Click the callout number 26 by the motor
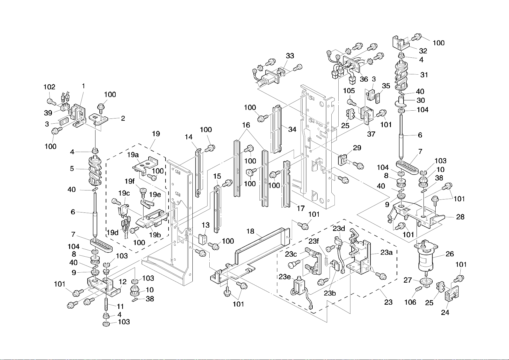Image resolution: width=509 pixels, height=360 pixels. click(450, 254)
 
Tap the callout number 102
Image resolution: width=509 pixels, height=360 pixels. click(49, 87)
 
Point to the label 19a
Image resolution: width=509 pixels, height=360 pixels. click(133, 155)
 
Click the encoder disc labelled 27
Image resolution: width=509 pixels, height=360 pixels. click(425, 282)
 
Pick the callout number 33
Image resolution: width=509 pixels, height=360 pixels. click(290, 56)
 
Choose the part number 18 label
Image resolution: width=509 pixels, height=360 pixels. click(250, 231)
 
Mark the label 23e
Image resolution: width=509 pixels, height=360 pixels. click(285, 277)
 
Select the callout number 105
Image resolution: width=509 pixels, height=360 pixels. click(349, 91)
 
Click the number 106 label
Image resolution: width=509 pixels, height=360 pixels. click(410, 302)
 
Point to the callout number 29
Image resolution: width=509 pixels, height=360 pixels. click(357, 148)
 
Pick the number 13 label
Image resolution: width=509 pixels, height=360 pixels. click(206, 225)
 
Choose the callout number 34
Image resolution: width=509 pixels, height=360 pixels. click(292, 129)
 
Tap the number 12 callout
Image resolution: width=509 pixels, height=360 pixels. click(122, 282)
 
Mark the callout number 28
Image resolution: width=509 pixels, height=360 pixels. click(460, 217)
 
